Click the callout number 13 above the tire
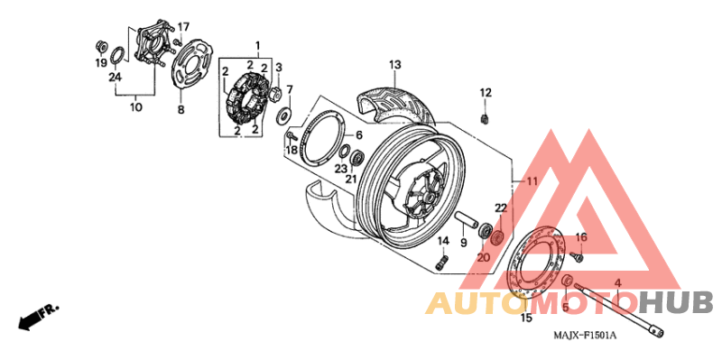pos(394,64)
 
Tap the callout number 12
pos(486,92)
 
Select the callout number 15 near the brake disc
pos(526,317)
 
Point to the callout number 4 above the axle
pos(617,283)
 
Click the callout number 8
pos(180,109)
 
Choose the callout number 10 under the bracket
pos(136,106)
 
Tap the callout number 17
pos(183,25)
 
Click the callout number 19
pos(102,63)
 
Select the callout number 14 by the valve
pos(443,241)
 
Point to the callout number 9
pos(463,243)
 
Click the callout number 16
pos(581,237)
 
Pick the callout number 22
pos(501,208)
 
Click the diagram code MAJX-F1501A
pos(585,336)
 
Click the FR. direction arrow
pos(37,316)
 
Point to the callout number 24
pos(115,77)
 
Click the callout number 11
pos(532,181)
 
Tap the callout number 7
pos(289,88)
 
